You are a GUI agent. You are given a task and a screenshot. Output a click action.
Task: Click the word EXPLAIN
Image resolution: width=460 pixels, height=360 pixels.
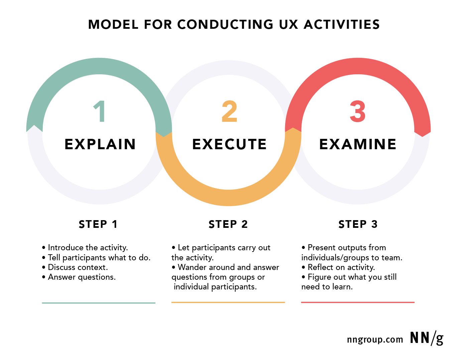[x=100, y=144]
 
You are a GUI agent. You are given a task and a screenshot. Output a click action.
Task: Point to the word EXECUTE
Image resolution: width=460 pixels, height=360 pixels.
[x=229, y=144]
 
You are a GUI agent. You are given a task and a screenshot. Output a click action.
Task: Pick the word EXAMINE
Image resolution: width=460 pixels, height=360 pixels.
[x=358, y=144]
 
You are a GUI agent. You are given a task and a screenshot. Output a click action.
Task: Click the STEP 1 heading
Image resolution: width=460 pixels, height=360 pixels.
[x=98, y=224]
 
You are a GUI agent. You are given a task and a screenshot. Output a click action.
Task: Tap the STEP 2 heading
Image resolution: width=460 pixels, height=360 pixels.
[x=228, y=224]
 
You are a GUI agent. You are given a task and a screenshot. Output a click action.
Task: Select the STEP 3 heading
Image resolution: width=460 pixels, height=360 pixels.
[x=358, y=224]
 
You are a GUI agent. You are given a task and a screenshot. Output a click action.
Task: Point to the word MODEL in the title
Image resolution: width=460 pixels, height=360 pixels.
[x=113, y=24]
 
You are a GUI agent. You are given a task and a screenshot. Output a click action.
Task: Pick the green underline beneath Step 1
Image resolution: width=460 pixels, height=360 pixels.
[x=99, y=303]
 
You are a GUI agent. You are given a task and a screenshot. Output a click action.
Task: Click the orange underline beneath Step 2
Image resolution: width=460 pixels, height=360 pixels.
[x=228, y=302]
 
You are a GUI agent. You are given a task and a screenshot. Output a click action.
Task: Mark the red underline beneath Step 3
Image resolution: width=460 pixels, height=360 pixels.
[x=358, y=302]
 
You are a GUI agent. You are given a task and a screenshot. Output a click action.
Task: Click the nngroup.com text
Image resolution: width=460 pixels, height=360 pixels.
[x=375, y=340]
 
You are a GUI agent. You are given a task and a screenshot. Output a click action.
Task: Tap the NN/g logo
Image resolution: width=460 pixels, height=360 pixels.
[x=427, y=338]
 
